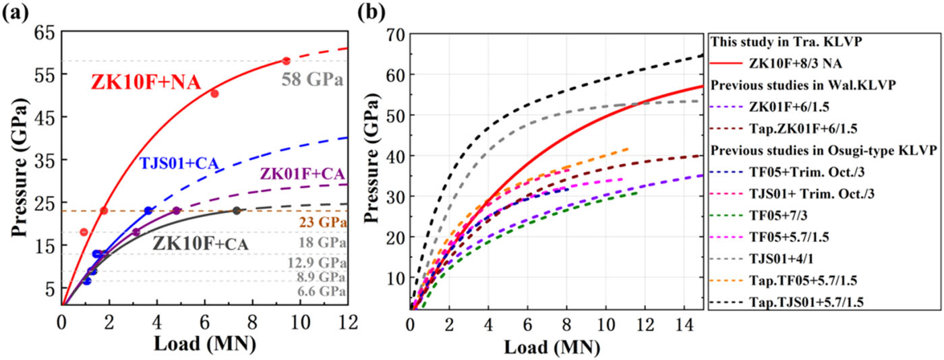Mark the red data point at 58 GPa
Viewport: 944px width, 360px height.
(286, 61)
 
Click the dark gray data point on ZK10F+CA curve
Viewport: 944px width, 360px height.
(237, 211)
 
